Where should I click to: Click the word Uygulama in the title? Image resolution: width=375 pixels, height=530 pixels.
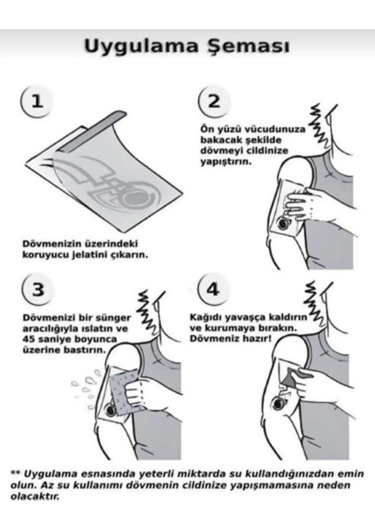point(140,46)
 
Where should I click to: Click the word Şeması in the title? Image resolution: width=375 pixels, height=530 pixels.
point(245,46)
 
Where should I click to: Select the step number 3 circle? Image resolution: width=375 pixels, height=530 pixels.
point(36,289)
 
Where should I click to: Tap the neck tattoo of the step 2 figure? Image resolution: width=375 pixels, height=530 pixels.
point(318,119)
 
